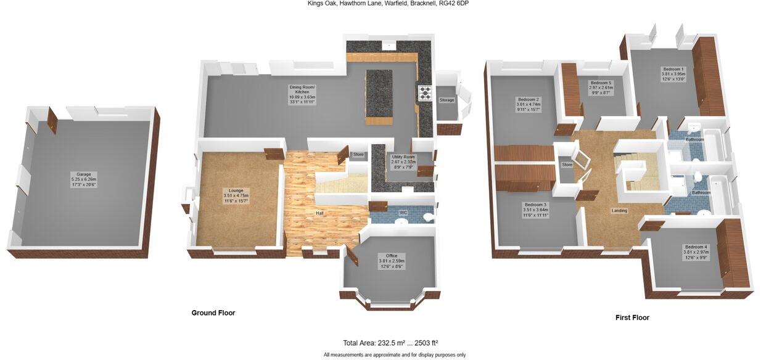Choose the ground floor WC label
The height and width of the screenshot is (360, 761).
click(x=403, y=213)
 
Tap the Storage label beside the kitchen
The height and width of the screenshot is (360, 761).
click(x=446, y=100)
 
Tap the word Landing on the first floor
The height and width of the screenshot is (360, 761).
click(x=620, y=211)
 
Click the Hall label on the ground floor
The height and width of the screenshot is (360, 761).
click(x=319, y=213)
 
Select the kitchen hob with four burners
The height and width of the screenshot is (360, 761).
click(x=426, y=92)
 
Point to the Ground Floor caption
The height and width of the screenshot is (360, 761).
click(x=213, y=313)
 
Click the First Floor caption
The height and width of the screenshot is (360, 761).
click(x=632, y=318)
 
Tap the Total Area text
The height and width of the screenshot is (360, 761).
click(x=390, y=343)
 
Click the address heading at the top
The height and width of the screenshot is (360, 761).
click(x=392, y=4)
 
